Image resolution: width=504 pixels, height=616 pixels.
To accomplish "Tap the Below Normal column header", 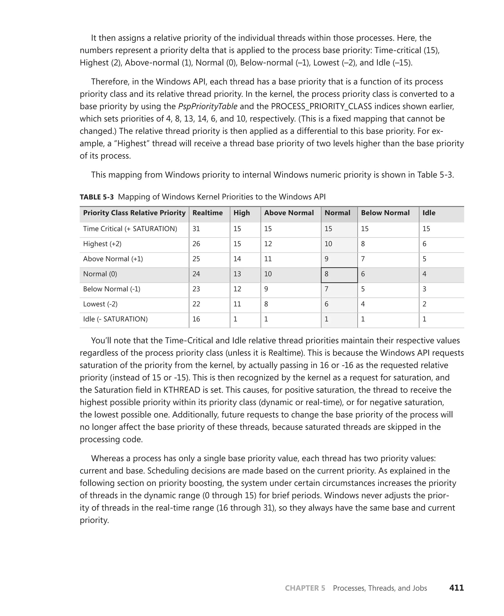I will click(385, 213).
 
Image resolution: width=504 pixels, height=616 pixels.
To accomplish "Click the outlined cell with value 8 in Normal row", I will click(339, 274).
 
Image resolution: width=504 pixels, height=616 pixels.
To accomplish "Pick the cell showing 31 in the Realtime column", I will click(196, 229).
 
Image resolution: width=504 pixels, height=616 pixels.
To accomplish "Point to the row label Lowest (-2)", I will click(100, 304).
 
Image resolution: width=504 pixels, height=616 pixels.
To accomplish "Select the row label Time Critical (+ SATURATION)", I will click(130, 229).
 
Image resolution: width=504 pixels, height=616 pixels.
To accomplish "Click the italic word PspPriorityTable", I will click(208, 106).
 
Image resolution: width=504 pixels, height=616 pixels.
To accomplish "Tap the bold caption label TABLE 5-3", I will click(97, 197).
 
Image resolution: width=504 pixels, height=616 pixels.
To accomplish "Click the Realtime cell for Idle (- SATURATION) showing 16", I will click(196, 319).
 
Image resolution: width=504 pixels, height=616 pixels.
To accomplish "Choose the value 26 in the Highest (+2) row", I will click(196, 244).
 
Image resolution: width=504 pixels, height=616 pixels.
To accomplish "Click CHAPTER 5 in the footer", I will click(305, 588).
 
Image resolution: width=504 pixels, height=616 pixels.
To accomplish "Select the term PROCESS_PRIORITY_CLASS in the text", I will click(321, 106).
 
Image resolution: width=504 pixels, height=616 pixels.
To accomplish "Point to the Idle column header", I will click(429, 213).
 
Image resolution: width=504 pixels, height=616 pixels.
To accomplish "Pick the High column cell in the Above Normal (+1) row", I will click(237, 259).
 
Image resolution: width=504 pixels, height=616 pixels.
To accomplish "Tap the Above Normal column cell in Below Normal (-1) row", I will click(266, 289).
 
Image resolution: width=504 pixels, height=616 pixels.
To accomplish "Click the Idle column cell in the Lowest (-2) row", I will click(425, 304).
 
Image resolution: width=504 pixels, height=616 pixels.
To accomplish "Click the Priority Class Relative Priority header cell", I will click(134, 213).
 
